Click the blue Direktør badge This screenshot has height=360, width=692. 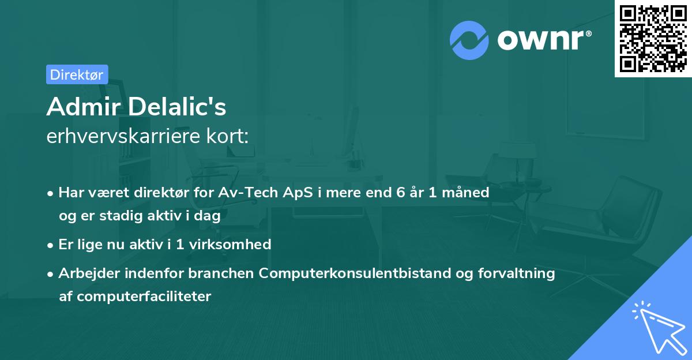click(x=77, y=74)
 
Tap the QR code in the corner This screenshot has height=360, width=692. click(x=653, y=39)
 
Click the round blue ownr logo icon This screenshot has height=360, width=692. click(x=469, y=40)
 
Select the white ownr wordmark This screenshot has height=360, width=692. click(x=540, y=40)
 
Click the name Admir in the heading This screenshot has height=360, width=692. click(x=84, y=107)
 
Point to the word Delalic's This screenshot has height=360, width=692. click(x=177, y=107)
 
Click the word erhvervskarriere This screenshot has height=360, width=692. click(x=123, y=136)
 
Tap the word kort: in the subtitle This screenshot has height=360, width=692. click(x=227, y=136)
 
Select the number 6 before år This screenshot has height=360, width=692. click(x=401, y=193)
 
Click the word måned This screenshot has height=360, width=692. click(x=465, y=193)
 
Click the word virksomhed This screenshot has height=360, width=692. click(x=230, y=245)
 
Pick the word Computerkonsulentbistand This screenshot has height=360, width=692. click(x=355, y=273)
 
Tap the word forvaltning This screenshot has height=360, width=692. click(x=517, y=273)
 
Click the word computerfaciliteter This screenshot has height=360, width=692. click(x=144, y=297)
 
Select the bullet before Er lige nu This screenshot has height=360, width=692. click(x=50, y=246)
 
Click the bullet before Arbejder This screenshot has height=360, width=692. click(x=50, y=275)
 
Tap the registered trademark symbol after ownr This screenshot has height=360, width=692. click(x=588, y=33)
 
